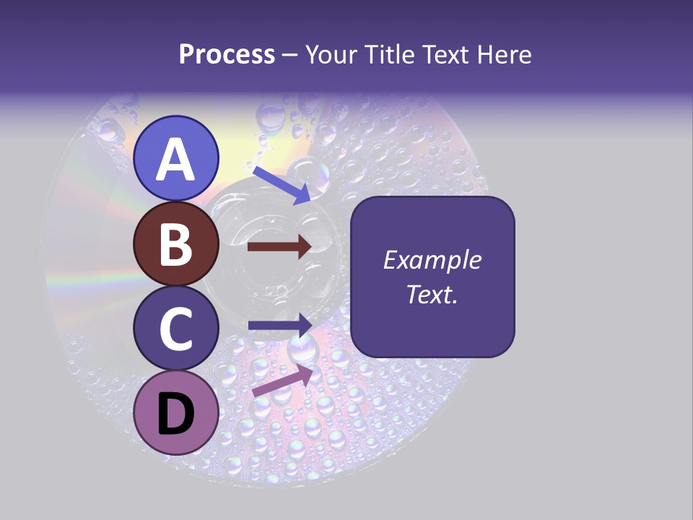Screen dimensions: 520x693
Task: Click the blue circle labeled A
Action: pos(176,158)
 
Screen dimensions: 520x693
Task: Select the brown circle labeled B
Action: pos(176,244)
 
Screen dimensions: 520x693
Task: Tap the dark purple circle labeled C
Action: pos(176,329)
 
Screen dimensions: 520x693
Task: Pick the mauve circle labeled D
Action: pos(176,413)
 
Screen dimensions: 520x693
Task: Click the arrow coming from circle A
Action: pos(282,184)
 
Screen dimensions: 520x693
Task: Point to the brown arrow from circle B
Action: pos(279,247)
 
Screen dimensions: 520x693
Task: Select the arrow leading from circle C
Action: pos(280,325)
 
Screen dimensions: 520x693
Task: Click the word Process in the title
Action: pos(227,54)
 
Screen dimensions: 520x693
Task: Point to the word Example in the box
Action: pos(432,260)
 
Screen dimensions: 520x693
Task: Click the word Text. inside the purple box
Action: pos(432,294)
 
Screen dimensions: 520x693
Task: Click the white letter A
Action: pos(176,160)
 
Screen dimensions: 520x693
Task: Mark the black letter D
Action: pos(176,415)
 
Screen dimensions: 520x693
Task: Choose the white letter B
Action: pos(176,245)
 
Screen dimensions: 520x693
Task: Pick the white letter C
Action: pos(176,329)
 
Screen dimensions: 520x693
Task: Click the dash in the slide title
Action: pos(290,56)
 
